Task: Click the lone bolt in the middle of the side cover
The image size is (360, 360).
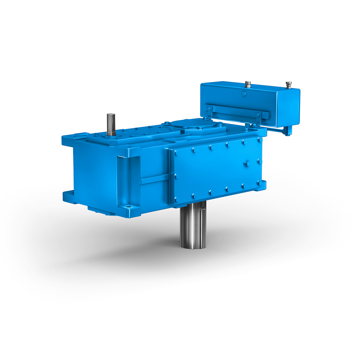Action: tap(247, 164)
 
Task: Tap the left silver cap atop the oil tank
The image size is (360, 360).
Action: tap(248, 84)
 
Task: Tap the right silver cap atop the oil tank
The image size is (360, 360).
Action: tap(288, 84)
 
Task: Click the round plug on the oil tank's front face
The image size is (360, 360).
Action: tap(244, 94)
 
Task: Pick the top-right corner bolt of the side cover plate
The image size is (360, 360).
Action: tap(260, 140)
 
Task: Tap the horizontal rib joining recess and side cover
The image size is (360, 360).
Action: tap(154, 179)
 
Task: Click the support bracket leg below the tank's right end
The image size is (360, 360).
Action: tap(288, 130)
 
